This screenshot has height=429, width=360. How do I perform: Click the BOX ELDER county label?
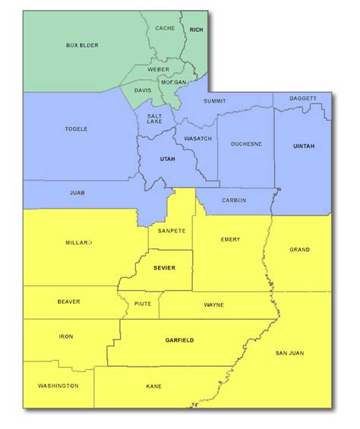pos(81,46)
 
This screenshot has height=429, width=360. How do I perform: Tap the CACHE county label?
pos(165,28)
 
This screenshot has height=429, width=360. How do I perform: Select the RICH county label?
pos(197,29)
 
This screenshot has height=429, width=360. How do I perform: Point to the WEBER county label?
pos(158,69)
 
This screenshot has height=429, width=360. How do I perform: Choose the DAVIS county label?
pos(143,90)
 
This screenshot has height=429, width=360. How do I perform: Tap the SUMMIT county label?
pos(216,100)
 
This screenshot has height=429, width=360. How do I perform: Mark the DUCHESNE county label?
pos(246,143)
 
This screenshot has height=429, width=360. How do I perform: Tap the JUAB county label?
pos(77,193)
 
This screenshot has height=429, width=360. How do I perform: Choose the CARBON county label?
pos(234,200)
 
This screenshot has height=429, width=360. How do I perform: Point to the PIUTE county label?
pos(142,303)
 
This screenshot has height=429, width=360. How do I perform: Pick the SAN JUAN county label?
pos(289,352)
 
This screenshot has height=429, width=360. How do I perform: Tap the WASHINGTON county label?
pos(58,386)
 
